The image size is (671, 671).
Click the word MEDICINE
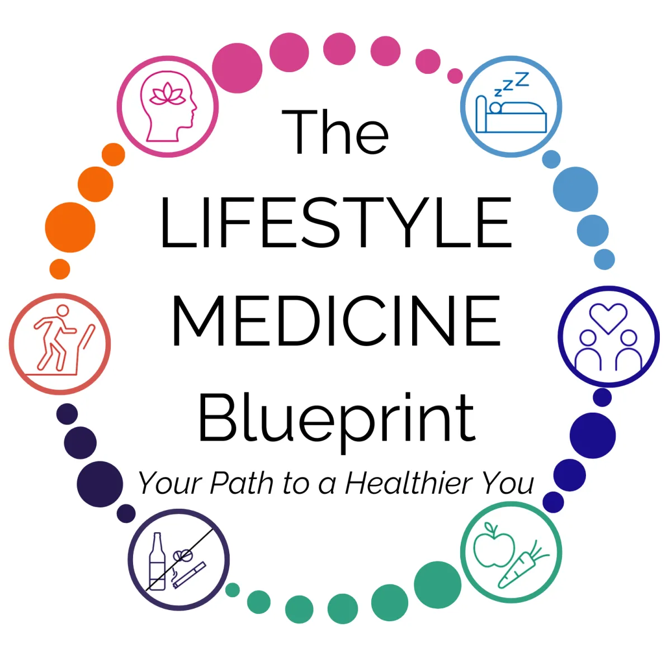pyautogui.click(x=336, y=321)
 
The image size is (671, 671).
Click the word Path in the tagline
pyautogui.click(x=242, y=483)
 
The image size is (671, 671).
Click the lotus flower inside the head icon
pyautogui.click(x=168, y=94)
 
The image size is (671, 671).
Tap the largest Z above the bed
pyautogui.click(x=522, y=79)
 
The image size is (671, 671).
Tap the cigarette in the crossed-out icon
pyautogui.click(x=190, y=575)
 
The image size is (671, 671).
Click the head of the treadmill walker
pyautogui.click(x=63, y=310)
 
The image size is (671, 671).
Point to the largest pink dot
pyautogui.click(x=237, y=68)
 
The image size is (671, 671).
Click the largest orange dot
pyautogui.click(x=70, y=228)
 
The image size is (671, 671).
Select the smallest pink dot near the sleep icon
pyautogui.click(x=455, y=76)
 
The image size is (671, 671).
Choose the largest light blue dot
pyautogui.click(x=575, y=189)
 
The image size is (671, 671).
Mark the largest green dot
pyautogui.click(x=438, y=585)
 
